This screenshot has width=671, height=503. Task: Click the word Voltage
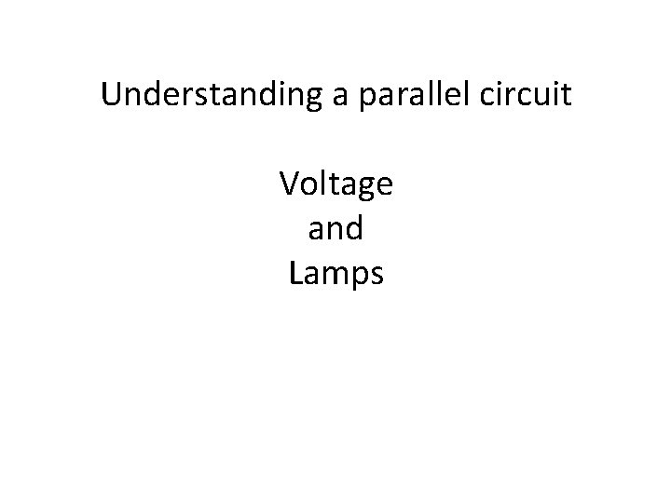click(x=335, y=184)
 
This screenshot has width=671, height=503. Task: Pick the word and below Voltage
click(x=335, y=229)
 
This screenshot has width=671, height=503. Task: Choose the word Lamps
click(x=335, y=274)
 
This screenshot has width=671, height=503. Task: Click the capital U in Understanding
click(x=112, y=95)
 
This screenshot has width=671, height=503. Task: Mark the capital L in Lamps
click(x=296, y=273)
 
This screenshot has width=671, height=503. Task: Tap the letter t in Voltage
click(x=331, y=184)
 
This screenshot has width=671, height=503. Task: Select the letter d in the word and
click(x=355, y=228)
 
